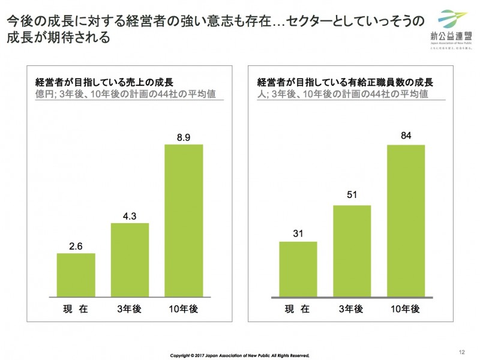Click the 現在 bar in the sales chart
(76, 275)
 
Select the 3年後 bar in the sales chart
(130, 260)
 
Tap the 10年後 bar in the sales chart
(184, 220)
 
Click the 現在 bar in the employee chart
(298, 269)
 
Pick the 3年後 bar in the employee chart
(352, 251)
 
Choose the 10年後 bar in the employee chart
(406, 221)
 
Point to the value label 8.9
(184, 137)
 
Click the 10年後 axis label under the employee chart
(406, 310)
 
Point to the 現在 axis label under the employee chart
(298, 310)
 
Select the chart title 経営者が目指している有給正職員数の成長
(345, 83)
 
